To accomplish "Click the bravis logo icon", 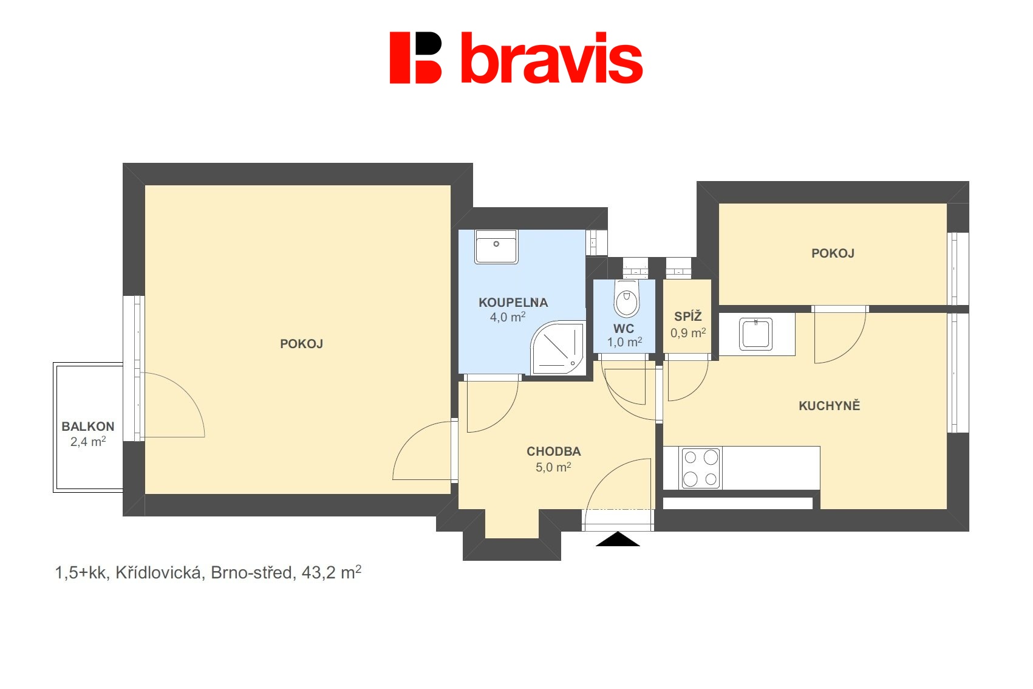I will (415, 58).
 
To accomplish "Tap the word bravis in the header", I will (551, 60).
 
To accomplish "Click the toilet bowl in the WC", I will (626, 300).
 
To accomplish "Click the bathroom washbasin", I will (496, 247).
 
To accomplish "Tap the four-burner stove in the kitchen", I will (700, 468).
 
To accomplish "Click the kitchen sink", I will (756, 334).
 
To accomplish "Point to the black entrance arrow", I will (618, 540).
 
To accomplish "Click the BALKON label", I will (88, 427).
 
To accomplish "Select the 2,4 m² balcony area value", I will (88, 442).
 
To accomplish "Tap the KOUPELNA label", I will (513, 303).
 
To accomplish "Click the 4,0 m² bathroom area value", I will (508, 317).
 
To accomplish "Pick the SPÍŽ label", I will (688, 317).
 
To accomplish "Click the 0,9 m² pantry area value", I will (688, 333).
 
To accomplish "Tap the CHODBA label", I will (553, 451).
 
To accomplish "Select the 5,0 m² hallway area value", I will (553, 467).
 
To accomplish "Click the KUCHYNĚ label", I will (829, 406).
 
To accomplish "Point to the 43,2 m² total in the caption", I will (331, 572).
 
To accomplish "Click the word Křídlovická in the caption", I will (159, 573).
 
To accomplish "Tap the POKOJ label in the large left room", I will (301, 344).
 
